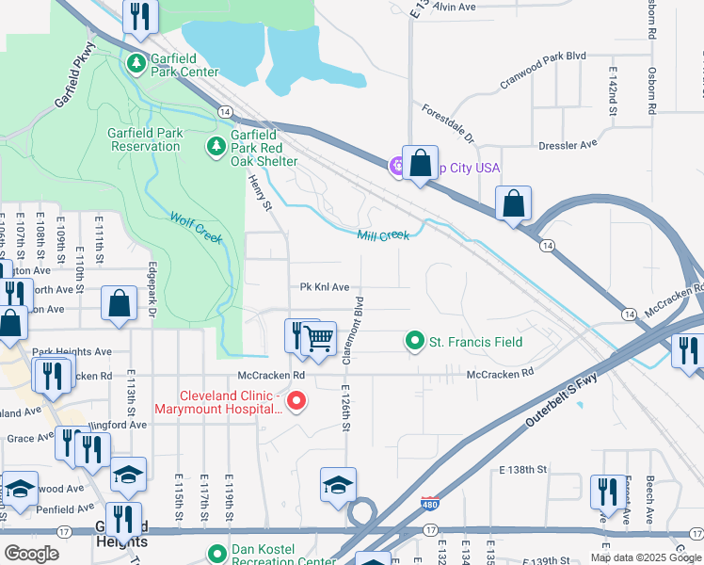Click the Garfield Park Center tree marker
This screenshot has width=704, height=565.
point(136,63)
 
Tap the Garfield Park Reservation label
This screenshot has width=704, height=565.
point(146,140)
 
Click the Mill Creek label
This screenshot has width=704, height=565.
point(383,235)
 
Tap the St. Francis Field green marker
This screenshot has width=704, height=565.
point(413,341)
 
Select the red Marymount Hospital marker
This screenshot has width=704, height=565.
point(296,402)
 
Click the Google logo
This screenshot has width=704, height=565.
point(32,554)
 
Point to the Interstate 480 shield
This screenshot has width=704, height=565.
point(429,507)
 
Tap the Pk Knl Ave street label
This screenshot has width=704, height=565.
point(325,286)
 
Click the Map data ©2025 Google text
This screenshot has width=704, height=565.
point(645,557)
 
